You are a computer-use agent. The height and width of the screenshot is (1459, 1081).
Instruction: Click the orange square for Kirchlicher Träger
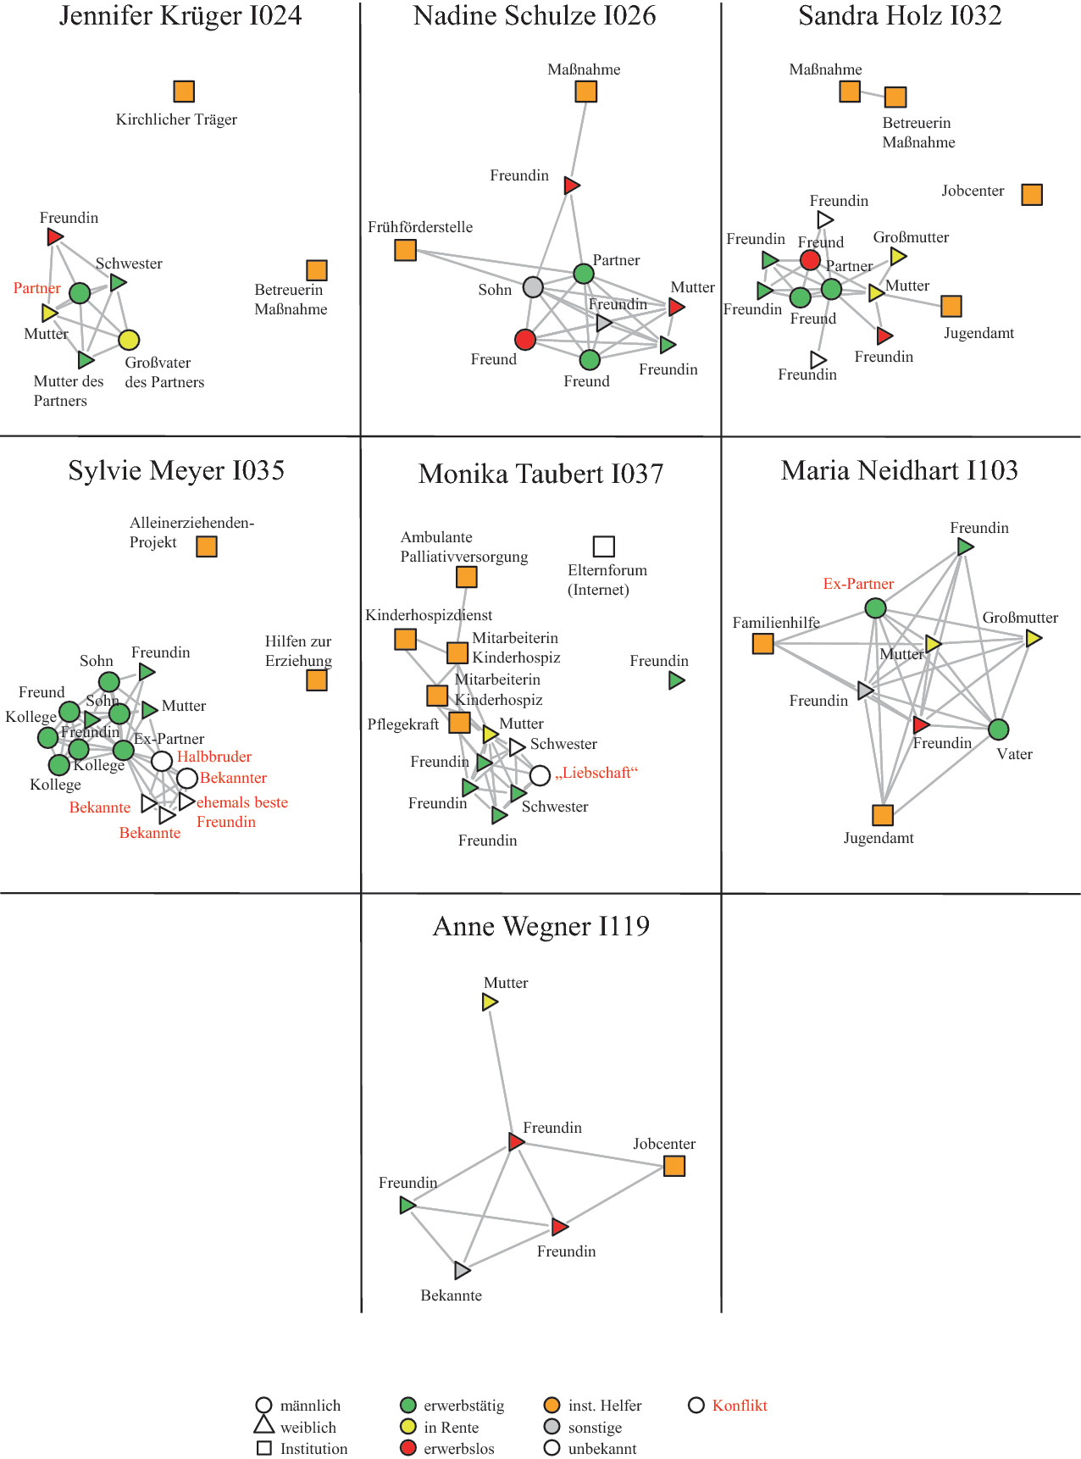tap(184, 91)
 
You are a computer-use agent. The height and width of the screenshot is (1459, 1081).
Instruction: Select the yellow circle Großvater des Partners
tap(129, 340)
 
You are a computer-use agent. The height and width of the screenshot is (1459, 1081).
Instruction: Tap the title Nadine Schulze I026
tap(535, 16)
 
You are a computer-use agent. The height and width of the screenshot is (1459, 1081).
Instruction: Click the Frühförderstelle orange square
tap(405, 250)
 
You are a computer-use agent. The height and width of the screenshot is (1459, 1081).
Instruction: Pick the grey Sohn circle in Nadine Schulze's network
tap(533, 287)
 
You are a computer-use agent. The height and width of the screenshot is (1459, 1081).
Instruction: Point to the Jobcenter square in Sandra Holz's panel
tap(1032, 194)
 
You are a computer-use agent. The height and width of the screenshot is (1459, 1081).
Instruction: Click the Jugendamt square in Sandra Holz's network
tap(951, 306)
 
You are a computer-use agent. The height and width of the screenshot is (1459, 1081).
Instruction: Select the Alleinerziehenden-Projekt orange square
tap(207, 546)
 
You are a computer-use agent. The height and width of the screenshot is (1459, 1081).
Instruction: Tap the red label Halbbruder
tap(214, 757)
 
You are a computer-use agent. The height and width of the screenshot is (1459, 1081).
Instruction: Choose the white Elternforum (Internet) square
tap(603, 546)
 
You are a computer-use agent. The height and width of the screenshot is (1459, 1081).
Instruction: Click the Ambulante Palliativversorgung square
tap(466, 577)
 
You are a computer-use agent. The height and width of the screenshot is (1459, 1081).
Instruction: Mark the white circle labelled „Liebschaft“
tap(540, 775)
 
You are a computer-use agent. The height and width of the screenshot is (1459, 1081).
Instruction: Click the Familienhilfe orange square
tap(762, 644)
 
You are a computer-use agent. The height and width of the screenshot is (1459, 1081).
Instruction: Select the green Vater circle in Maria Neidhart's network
tap(999, 729)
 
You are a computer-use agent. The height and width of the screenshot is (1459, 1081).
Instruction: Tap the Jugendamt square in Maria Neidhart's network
tap(883, 815)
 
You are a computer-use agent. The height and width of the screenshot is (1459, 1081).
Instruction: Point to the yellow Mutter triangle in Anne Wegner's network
tap(489, 1001)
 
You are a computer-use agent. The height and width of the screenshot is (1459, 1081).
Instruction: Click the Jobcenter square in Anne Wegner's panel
tap(674, 1166)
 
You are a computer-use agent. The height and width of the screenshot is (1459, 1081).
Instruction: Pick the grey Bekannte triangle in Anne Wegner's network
tap(462, 1270)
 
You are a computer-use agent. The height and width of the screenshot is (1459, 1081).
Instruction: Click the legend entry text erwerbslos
tap(459, 1449)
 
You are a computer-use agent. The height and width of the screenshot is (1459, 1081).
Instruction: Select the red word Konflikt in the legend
tap(740, 1406)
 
